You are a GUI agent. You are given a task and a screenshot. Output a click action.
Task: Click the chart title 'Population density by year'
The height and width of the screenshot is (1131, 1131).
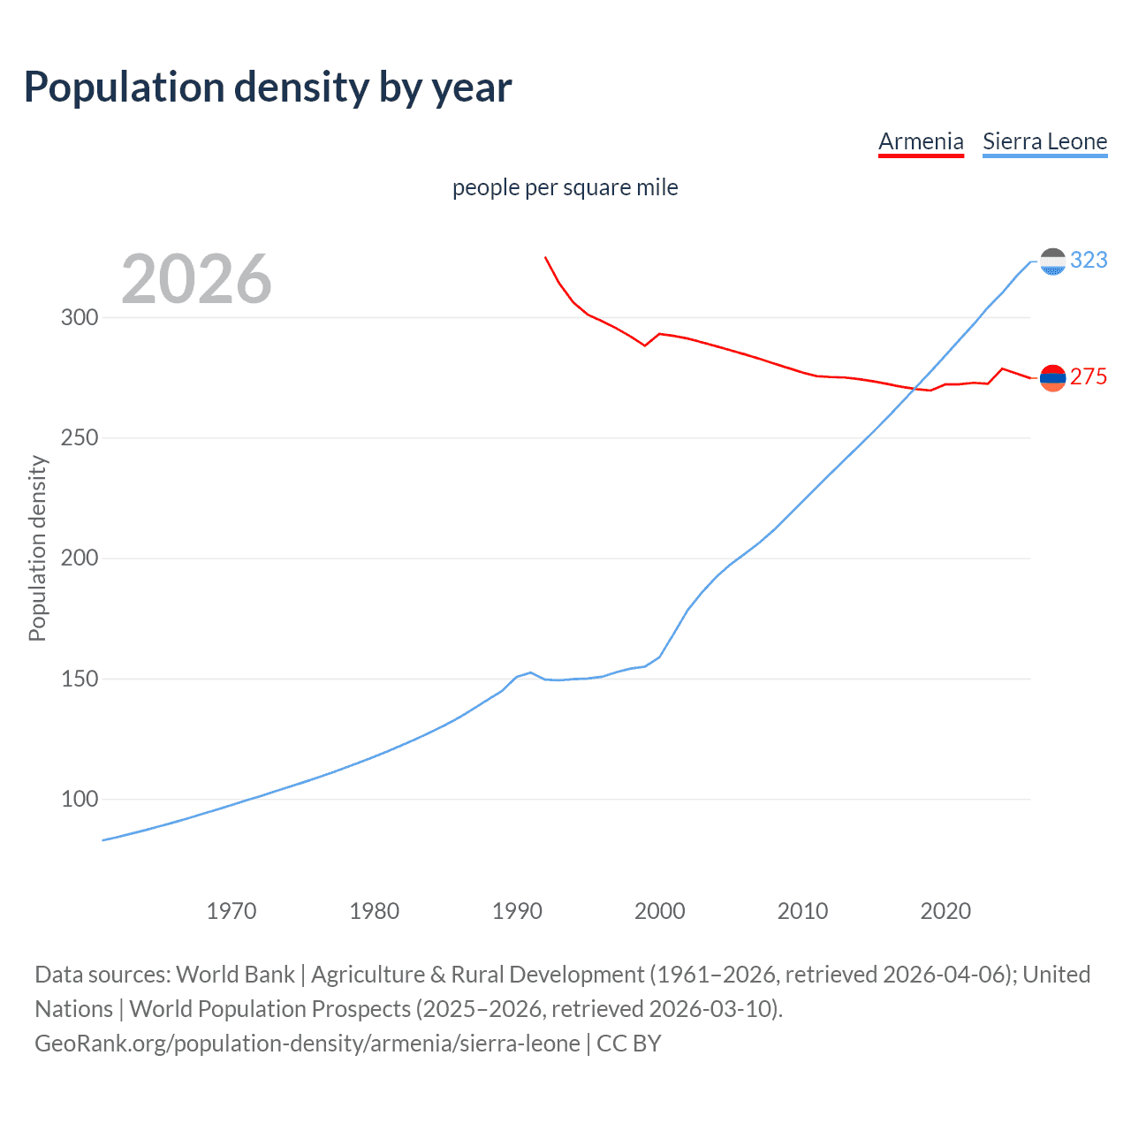pos(268,87)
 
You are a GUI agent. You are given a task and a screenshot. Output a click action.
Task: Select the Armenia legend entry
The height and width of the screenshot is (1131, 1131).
pos(921,141)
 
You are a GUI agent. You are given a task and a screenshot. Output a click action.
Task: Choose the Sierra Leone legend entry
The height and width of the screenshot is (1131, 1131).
pos(1044,141)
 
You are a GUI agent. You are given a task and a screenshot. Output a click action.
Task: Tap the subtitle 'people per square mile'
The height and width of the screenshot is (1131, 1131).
pos(565,187)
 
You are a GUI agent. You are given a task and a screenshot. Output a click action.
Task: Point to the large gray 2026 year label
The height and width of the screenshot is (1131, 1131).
pos(196,279)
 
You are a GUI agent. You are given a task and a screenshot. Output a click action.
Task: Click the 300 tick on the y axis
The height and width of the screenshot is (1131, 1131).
pos(79,317)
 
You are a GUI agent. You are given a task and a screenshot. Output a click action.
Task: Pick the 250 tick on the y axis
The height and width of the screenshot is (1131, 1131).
pos(79,438)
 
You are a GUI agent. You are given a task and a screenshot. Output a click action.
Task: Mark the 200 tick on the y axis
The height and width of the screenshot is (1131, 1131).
pos(79,558)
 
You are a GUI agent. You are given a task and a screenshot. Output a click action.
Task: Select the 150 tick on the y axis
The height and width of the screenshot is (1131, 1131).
pos(79,679)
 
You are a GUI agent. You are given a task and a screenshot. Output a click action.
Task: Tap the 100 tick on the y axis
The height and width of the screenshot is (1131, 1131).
pos(79,800)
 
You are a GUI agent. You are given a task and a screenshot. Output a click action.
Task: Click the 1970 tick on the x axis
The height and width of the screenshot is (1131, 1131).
pos(232,911)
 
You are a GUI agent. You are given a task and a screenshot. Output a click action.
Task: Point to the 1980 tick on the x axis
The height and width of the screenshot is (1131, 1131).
pos(375,911)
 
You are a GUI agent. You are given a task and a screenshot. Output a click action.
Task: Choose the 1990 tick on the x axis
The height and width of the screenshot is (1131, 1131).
pos(517,911)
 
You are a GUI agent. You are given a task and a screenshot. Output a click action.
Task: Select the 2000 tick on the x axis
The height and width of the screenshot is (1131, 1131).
pos(660,911)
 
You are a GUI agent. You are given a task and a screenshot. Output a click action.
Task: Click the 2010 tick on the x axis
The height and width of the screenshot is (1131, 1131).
pos(802,911)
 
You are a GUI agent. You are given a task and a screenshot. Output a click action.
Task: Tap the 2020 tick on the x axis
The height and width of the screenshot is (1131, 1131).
pos(945,911)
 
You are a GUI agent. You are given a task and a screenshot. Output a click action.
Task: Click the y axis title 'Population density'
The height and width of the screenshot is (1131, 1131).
pos(37,548)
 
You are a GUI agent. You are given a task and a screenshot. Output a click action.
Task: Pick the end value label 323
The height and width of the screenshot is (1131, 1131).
pos(1089,260)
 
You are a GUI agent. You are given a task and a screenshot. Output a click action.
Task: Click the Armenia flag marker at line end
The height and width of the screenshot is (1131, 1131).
pos(1052,378)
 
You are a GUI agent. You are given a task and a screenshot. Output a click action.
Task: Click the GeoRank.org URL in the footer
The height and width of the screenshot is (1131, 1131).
pos(307,1044)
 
